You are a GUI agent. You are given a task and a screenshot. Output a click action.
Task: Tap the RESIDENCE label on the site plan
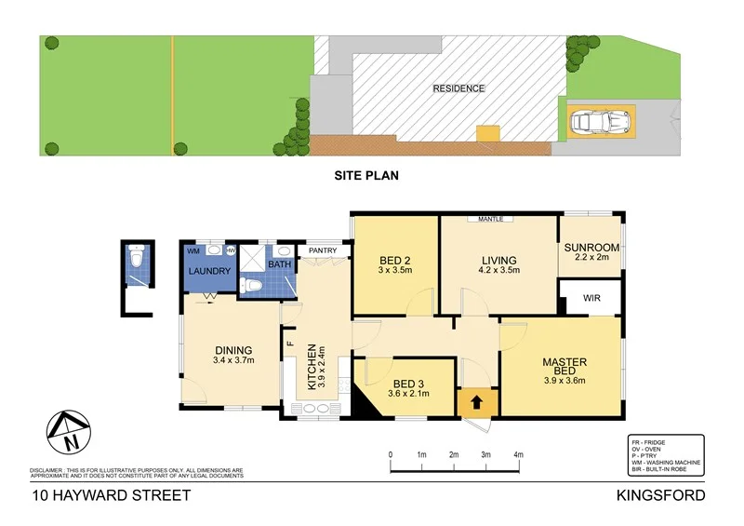pyautogui.click(x=458, y=88)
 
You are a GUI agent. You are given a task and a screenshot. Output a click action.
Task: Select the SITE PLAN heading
pyautogui.click(x=366, y=174)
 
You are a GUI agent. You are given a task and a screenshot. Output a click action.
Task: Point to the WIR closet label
pyautogui.click(x=591, y=300)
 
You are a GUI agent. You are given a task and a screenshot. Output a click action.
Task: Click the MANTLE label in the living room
pyautogui.click(x=490, y=220)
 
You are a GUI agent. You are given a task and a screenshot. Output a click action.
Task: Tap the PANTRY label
pyautogui.click(x=322, y=250)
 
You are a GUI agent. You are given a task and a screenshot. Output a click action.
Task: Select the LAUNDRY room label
pyautogui.click(x=209, y=271)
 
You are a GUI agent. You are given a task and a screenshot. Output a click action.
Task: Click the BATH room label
pyautogui.click(x=280, y=265)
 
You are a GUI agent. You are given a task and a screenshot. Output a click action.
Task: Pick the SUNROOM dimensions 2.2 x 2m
pyautogui.click(x=591, y=258)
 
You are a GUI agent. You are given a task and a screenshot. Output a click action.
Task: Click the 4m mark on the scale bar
pyautogui.click(x=518, y=454)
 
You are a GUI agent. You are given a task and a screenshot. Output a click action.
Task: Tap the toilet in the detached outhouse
pyautogui.click(x=137, y=257)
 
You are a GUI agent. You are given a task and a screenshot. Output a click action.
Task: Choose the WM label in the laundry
pyautogui.click(x=193, y=251)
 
